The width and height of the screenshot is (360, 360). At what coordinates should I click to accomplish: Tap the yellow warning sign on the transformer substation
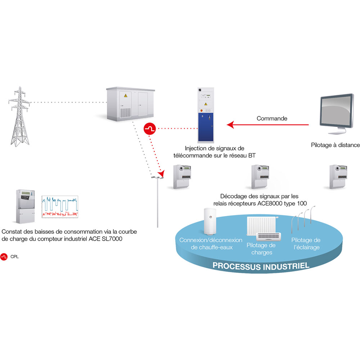click(126, 96)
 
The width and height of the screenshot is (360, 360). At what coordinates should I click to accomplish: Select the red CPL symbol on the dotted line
click(149, 129)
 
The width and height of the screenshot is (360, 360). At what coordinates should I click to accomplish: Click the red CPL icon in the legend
click(5, 257)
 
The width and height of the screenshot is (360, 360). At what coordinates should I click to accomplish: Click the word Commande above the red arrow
click(267, 118)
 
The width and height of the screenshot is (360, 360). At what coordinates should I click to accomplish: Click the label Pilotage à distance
click(335, 145)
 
